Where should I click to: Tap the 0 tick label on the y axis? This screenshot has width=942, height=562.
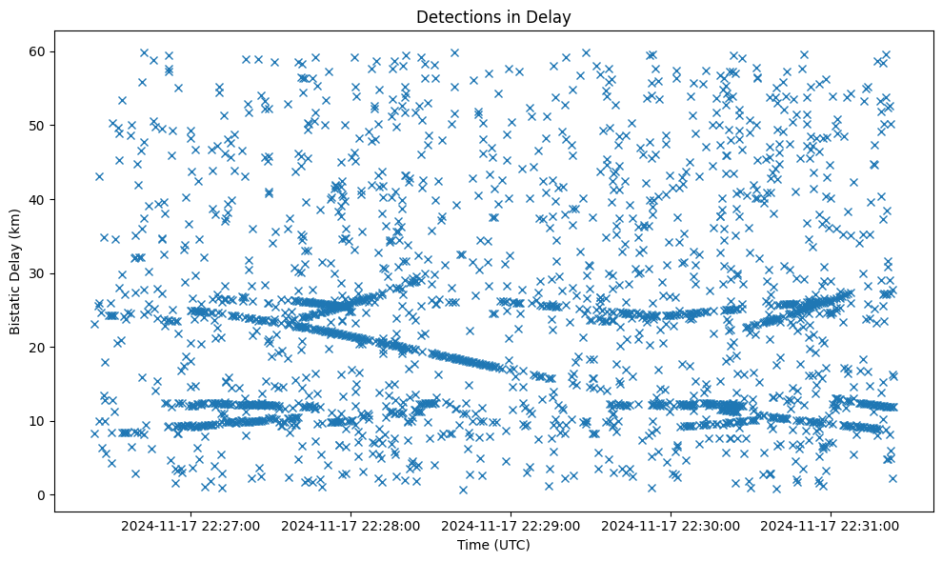[43, 494]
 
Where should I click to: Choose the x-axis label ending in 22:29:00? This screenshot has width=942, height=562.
[511, 525]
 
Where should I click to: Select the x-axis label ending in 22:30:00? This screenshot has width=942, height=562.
[671, 525]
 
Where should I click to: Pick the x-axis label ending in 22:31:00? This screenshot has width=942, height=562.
[832, 525]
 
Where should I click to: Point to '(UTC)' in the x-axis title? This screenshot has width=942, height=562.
[511, 545]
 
